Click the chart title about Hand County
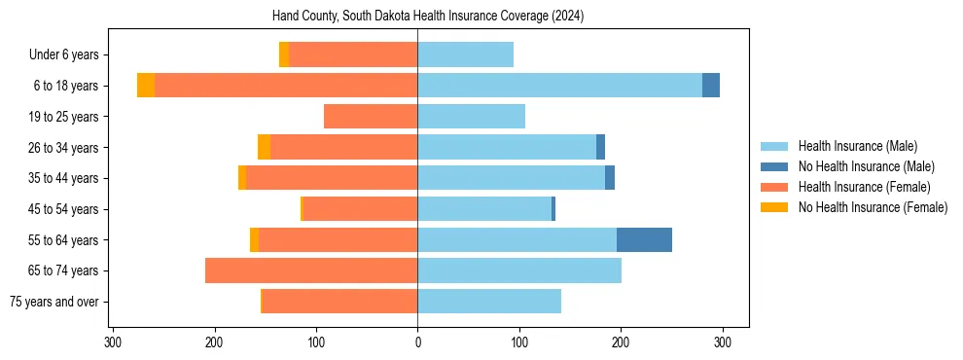(x=417, y=16)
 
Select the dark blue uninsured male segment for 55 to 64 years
(x=644, y=239)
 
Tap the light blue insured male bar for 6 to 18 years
(x=559, y=86)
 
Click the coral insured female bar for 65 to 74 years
(x=311, y=270)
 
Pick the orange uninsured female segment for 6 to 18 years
(x=146, y=86)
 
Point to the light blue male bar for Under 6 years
(x=465, y=54)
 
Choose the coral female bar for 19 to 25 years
(x=371, y=117)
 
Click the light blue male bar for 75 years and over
(x=489, y=302)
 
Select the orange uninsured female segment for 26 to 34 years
(x=264, y=147)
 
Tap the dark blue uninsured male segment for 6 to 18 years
(x=711, y=86)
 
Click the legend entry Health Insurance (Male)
(x=857, y=146)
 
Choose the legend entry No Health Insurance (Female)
(x=873, y=207)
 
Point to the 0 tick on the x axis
(x=417, y=342)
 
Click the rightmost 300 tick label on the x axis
(x=722, y=342)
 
